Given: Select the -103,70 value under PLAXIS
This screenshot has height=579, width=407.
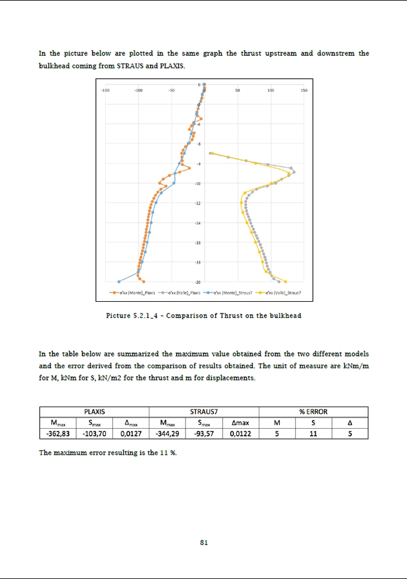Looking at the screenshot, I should pyautogui.click(x=94, y=433).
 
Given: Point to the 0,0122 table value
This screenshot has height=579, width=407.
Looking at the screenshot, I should pyautogui.click(x=240, y=433).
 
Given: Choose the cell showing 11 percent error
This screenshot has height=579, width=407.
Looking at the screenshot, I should pyautogui.click(x=313, y=433).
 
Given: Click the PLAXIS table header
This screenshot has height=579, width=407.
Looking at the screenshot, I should pyautogui.click(x=94, y=412).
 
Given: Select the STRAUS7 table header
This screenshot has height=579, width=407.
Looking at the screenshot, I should pyautogui.click(x=203, y=412).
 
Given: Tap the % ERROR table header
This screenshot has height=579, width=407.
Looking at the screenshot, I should pyautogui.click(x=313, y=412).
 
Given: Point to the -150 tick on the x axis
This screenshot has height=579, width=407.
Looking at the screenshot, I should pyautogui.click(x=105, y=90).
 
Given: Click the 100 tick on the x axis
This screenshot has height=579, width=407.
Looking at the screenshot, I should pyautogui.click(x=270, y=90).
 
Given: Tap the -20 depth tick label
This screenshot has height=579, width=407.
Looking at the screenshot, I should pyautogui.click(x=198, y=282).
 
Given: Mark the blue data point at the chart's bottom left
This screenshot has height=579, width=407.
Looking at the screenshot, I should pyautogui.click(x=119, y=281).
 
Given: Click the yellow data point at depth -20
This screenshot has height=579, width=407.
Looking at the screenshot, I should pyautogui.click(x=285, y=281).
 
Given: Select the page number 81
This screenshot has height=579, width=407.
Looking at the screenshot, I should pyautogui.click(x=203, y=542).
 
